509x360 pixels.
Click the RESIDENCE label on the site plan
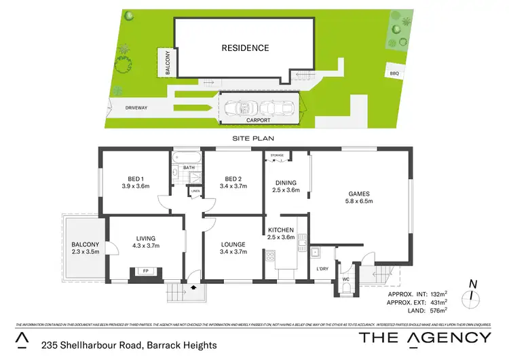pos(244,48)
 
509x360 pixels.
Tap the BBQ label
pos(394,73)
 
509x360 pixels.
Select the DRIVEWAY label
pos(140,108)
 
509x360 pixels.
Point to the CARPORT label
pos(258,120)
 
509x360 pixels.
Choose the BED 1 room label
pos(135,182)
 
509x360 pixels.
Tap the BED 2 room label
pos(233,182)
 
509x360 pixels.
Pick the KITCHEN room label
pos(282,233)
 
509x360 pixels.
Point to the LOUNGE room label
pos(233,248)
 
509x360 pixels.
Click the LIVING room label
pos(145,242)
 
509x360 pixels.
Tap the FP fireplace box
pos(144,271)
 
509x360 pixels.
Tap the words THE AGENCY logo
pos(424,338)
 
